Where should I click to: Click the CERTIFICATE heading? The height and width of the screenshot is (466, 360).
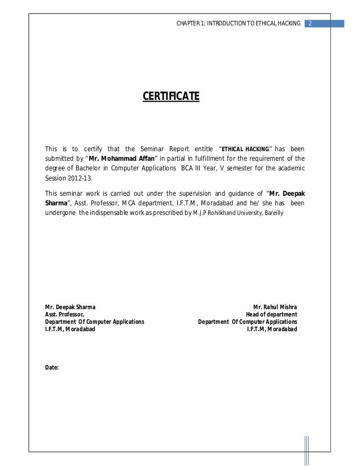(x=170, y=96)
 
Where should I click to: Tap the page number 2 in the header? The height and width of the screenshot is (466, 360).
(x=310, y=24)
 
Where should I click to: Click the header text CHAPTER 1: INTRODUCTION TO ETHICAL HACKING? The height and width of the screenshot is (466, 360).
(x=239, y=24)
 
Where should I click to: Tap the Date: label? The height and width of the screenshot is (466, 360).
(x=52, y=367)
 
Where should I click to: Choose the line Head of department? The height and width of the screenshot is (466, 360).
(x=271, y=314)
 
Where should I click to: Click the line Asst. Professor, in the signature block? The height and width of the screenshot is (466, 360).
(x=65, y=314)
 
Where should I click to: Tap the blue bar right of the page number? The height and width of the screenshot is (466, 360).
(x=331, y=24)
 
